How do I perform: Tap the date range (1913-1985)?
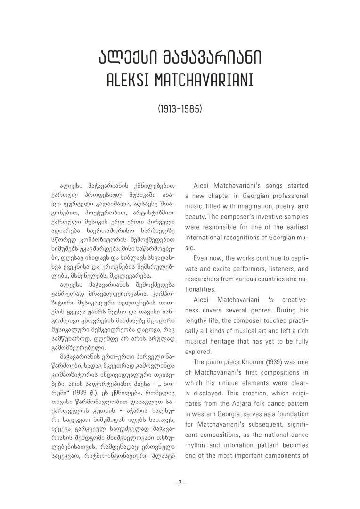pos(180,109)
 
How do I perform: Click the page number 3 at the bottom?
pos(180,482)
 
